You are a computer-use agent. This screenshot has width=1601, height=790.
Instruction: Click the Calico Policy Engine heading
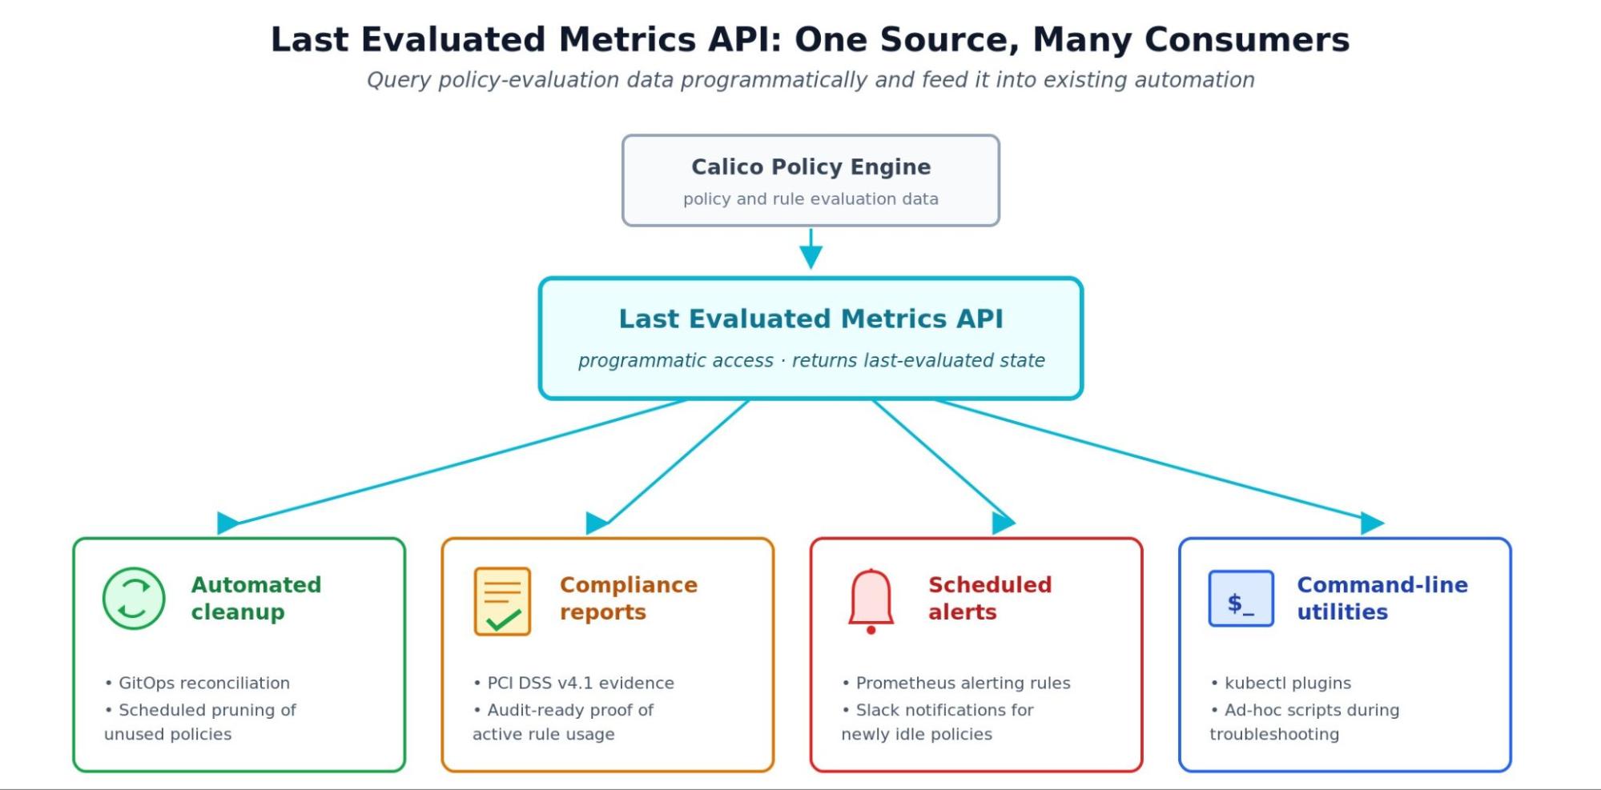(811, 166)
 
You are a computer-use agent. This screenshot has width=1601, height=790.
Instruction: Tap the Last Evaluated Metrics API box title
(811, 319)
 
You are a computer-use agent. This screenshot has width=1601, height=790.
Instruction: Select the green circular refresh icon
(134, 599)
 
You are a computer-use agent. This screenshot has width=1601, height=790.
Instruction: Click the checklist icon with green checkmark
(502, 601)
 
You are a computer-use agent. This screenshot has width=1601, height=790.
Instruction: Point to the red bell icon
(871, 601)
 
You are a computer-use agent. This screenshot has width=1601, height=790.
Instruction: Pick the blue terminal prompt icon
(1241, 599)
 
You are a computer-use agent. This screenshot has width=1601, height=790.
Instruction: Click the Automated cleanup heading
(256, 598)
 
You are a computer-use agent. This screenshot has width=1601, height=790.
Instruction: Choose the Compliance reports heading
(629, 598)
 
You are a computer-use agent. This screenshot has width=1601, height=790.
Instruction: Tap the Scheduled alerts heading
(990, 598)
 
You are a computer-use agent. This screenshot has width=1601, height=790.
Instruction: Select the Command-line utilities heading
(1382, 598)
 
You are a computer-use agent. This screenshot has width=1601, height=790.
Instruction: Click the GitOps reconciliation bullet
(197, 683)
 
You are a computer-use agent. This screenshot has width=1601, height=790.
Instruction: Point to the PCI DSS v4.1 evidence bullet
(573, 683)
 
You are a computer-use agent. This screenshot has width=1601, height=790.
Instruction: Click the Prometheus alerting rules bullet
(955, 683)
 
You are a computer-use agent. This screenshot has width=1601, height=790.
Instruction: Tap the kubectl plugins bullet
(1281, 683)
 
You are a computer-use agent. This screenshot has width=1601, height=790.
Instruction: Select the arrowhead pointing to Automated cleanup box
(227, 523)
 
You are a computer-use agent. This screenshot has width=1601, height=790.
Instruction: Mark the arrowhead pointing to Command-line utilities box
(1372, 523)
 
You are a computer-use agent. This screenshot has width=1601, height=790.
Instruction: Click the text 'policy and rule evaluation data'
(811, 199)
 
